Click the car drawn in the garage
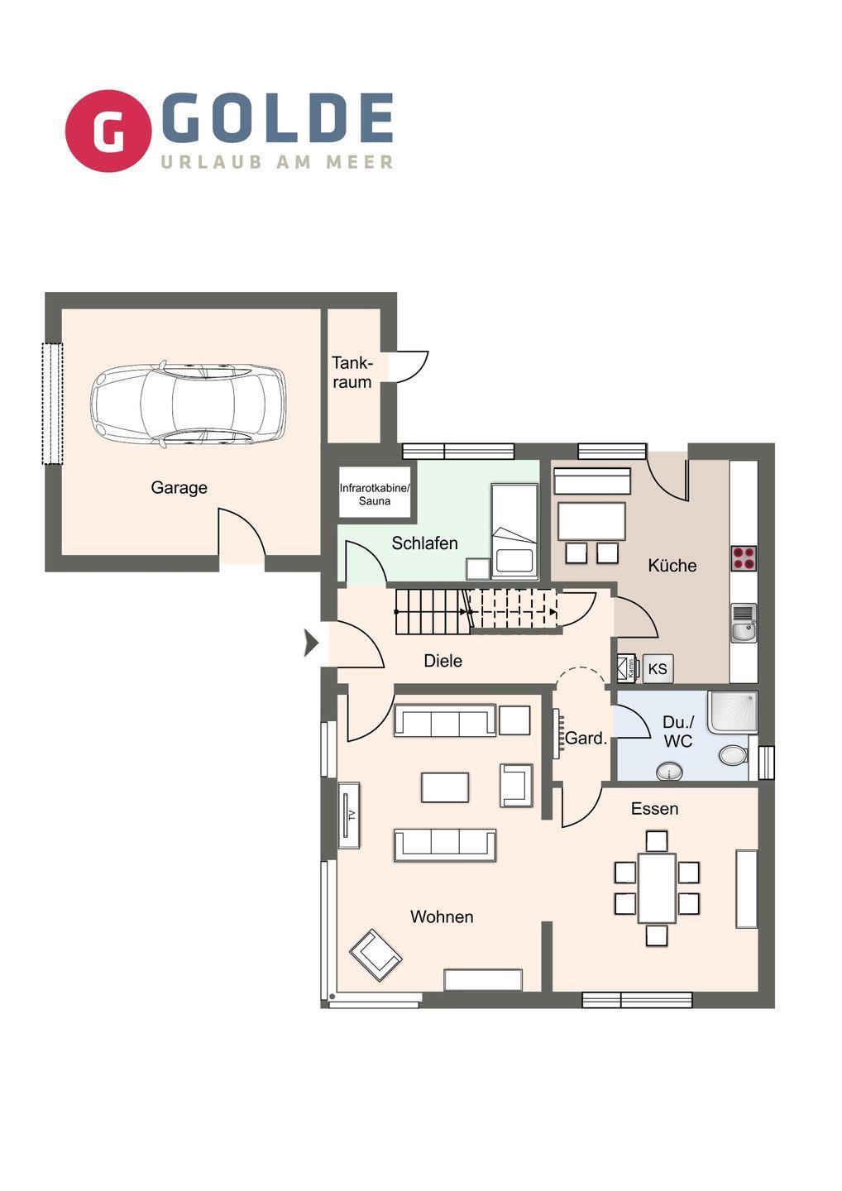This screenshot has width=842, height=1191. [x=188, y=404]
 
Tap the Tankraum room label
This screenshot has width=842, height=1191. [x=352, y=372]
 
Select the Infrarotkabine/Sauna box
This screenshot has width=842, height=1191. [x=375, y=492]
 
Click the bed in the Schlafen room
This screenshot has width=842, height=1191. [x=514, y=531]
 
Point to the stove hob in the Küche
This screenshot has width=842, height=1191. [x=744, y=558]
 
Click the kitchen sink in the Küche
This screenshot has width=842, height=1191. [x=744, y=623]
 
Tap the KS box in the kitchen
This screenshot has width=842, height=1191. [x=658, y=668]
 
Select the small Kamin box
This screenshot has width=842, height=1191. [x=629, y=668]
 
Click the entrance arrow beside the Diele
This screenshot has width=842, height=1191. [x=311, y=643]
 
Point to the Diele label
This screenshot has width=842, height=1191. [x=443, y=661]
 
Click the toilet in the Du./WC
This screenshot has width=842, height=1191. [x=734, y=755]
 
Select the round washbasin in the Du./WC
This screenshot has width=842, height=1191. [x=669, y=772]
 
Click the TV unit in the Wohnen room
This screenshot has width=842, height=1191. [x=349, y=816]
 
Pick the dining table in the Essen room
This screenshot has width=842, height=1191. [x=657, y=888]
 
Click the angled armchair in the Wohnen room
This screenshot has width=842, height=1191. [x=376, y=955]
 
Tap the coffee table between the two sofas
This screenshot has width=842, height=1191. [x=445, y=787]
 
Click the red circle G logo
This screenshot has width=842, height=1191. [x=108, y=131]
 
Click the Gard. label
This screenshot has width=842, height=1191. [x=586, y=738]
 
